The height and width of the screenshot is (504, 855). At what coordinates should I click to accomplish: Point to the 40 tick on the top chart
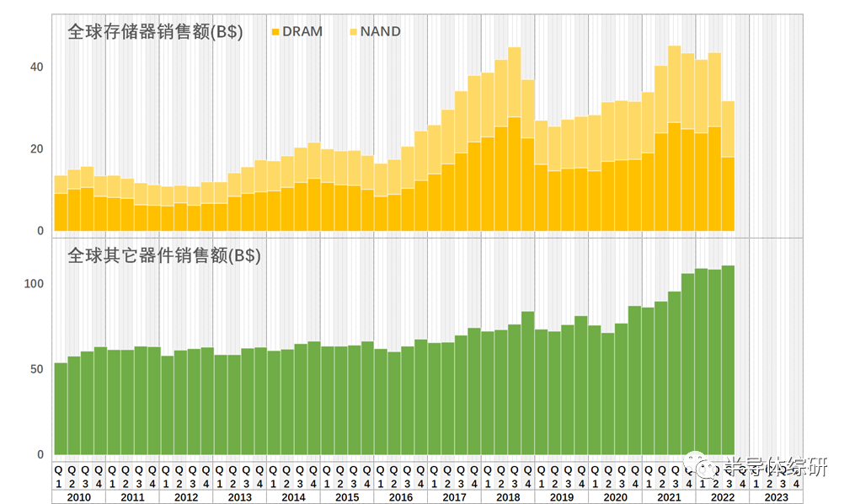pyautogui.click(x=36, y=67)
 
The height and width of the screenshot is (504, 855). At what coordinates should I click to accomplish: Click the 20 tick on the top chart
pyautogui.click(x=36, y=149)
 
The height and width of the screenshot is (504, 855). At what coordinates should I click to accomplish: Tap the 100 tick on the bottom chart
pyautogui.click(x=33, y=283)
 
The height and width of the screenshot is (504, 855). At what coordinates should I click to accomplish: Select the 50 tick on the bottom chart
pyautogui.click(x=36, y=369)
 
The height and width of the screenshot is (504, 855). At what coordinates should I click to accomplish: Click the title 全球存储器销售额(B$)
pyautogui.click(x=156, y=34)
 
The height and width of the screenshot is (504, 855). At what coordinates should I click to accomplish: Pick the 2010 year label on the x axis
pyautogui.click(x=79, y=496)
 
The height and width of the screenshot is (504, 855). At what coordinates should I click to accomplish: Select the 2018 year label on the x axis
pyautogui.click(x=508, y=496)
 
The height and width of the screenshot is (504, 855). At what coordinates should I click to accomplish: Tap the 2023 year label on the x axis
pyautogui.click(x=776, y=496)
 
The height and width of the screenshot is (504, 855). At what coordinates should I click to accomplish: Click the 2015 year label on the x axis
pyautogui.click(x=347, y=496)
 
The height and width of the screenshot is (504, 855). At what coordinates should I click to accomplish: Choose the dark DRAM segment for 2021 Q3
pyautogui.click(x=675, y=177)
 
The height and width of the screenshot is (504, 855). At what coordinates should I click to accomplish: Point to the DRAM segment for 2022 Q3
pyautogui.click(x=728, y=194)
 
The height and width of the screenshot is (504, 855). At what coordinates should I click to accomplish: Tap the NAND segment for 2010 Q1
pyautogui.click(x=60, y=185)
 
